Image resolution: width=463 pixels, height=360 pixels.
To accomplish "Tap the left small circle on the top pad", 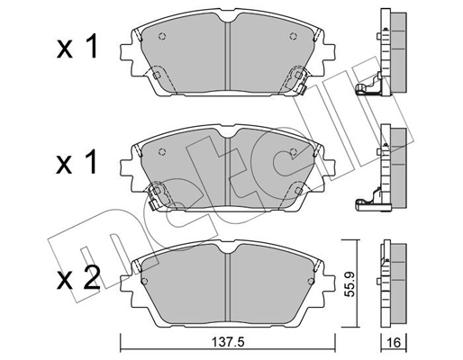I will pos(162,37).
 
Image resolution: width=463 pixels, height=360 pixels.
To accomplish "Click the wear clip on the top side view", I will pos(368,87).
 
